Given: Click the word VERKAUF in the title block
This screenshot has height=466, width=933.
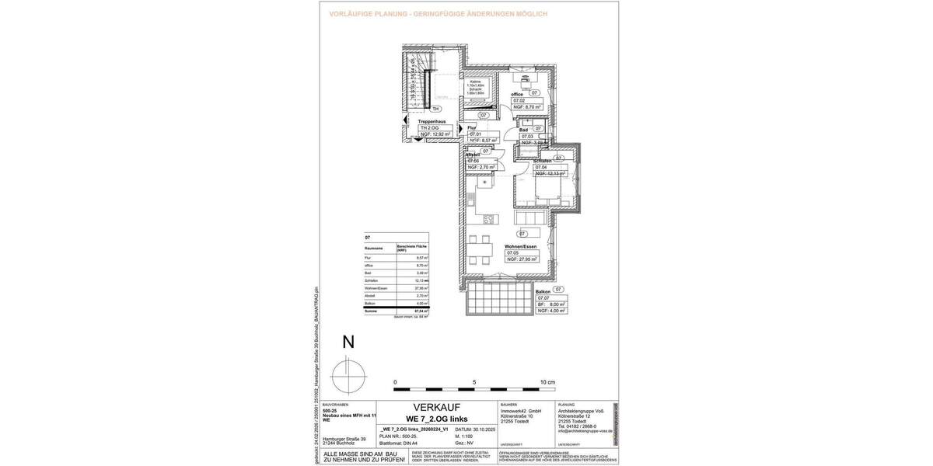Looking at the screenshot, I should pos(436,407).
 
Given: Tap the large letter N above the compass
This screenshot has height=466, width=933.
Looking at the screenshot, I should pos(348,342).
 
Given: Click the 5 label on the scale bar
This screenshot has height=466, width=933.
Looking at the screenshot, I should pos(473,383).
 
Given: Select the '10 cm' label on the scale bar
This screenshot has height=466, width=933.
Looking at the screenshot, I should pos(548,383).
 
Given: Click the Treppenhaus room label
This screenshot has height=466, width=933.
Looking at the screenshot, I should pos(432,122).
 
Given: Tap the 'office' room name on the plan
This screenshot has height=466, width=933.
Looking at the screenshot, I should pos(517,94).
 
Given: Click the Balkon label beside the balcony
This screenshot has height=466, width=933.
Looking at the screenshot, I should pos(543,291).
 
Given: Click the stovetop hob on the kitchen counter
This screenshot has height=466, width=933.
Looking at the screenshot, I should pos(490,220).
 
